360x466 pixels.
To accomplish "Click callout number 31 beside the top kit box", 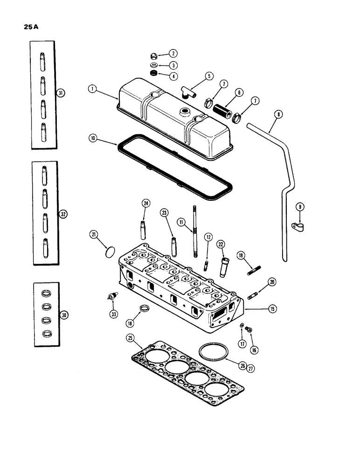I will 61,93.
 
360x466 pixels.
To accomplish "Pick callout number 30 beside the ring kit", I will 65,315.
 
